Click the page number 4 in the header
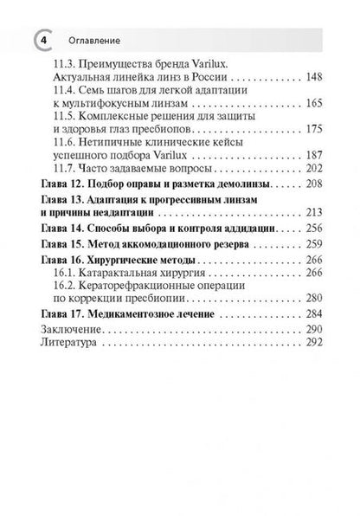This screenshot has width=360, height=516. tap(41, 40)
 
